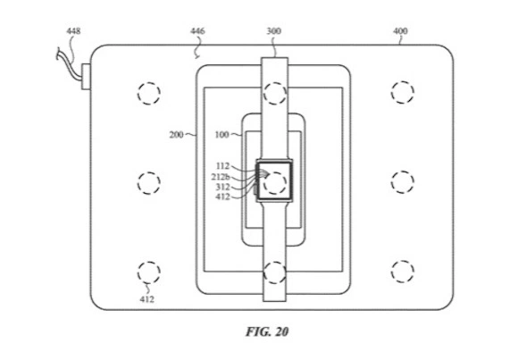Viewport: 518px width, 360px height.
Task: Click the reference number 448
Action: (x=73, y=31)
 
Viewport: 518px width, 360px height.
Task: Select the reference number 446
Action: (x=197, y=31)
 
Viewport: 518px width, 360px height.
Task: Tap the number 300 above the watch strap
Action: (x=274, y=31)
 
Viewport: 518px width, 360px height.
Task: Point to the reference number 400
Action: (x=400, y=31)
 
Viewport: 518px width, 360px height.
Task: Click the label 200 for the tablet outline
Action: (x=177, y=135)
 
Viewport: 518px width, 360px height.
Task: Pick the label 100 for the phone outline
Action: (x=222, y=135)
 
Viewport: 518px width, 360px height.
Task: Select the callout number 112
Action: (x=222, y=166)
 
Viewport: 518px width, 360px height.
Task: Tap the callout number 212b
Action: (x=221, y=177)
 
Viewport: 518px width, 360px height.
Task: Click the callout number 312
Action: (x=222, y=187)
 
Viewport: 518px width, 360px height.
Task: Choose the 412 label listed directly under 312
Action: (x=222, y=197)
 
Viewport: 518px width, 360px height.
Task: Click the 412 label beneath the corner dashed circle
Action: (x=146, y=299)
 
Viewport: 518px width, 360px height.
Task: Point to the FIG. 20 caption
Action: (x=267, y=331)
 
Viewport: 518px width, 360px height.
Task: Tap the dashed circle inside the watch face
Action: (x=275, y=183)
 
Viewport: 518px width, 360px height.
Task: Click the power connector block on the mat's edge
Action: (x=86, y=77)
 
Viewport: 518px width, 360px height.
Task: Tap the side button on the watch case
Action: (x=255, y=190)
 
